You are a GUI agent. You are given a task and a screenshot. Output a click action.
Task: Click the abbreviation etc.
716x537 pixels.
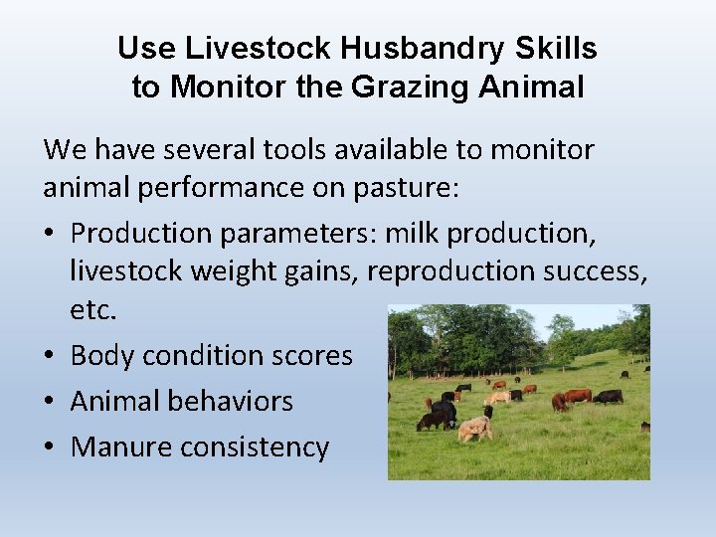tap(93, 309)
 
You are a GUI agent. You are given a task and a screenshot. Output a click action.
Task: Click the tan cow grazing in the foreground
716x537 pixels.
tap(474, 429)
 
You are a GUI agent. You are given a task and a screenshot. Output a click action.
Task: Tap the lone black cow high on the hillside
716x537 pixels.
tap(625, 375)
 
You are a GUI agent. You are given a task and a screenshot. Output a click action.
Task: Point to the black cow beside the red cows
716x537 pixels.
tap(608, 397)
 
